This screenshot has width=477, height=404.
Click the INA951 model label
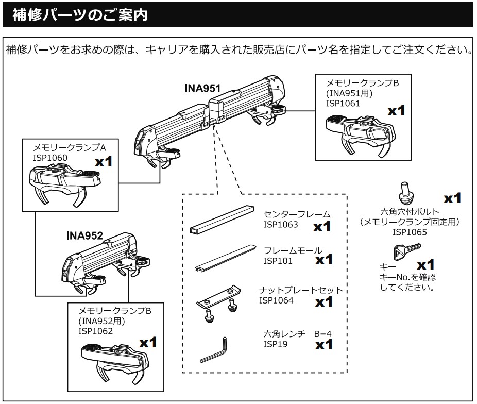pos(202,89)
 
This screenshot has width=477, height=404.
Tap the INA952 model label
pos(84,236)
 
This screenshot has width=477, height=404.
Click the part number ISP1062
pos(95,331)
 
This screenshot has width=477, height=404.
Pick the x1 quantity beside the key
pos(425,265)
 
